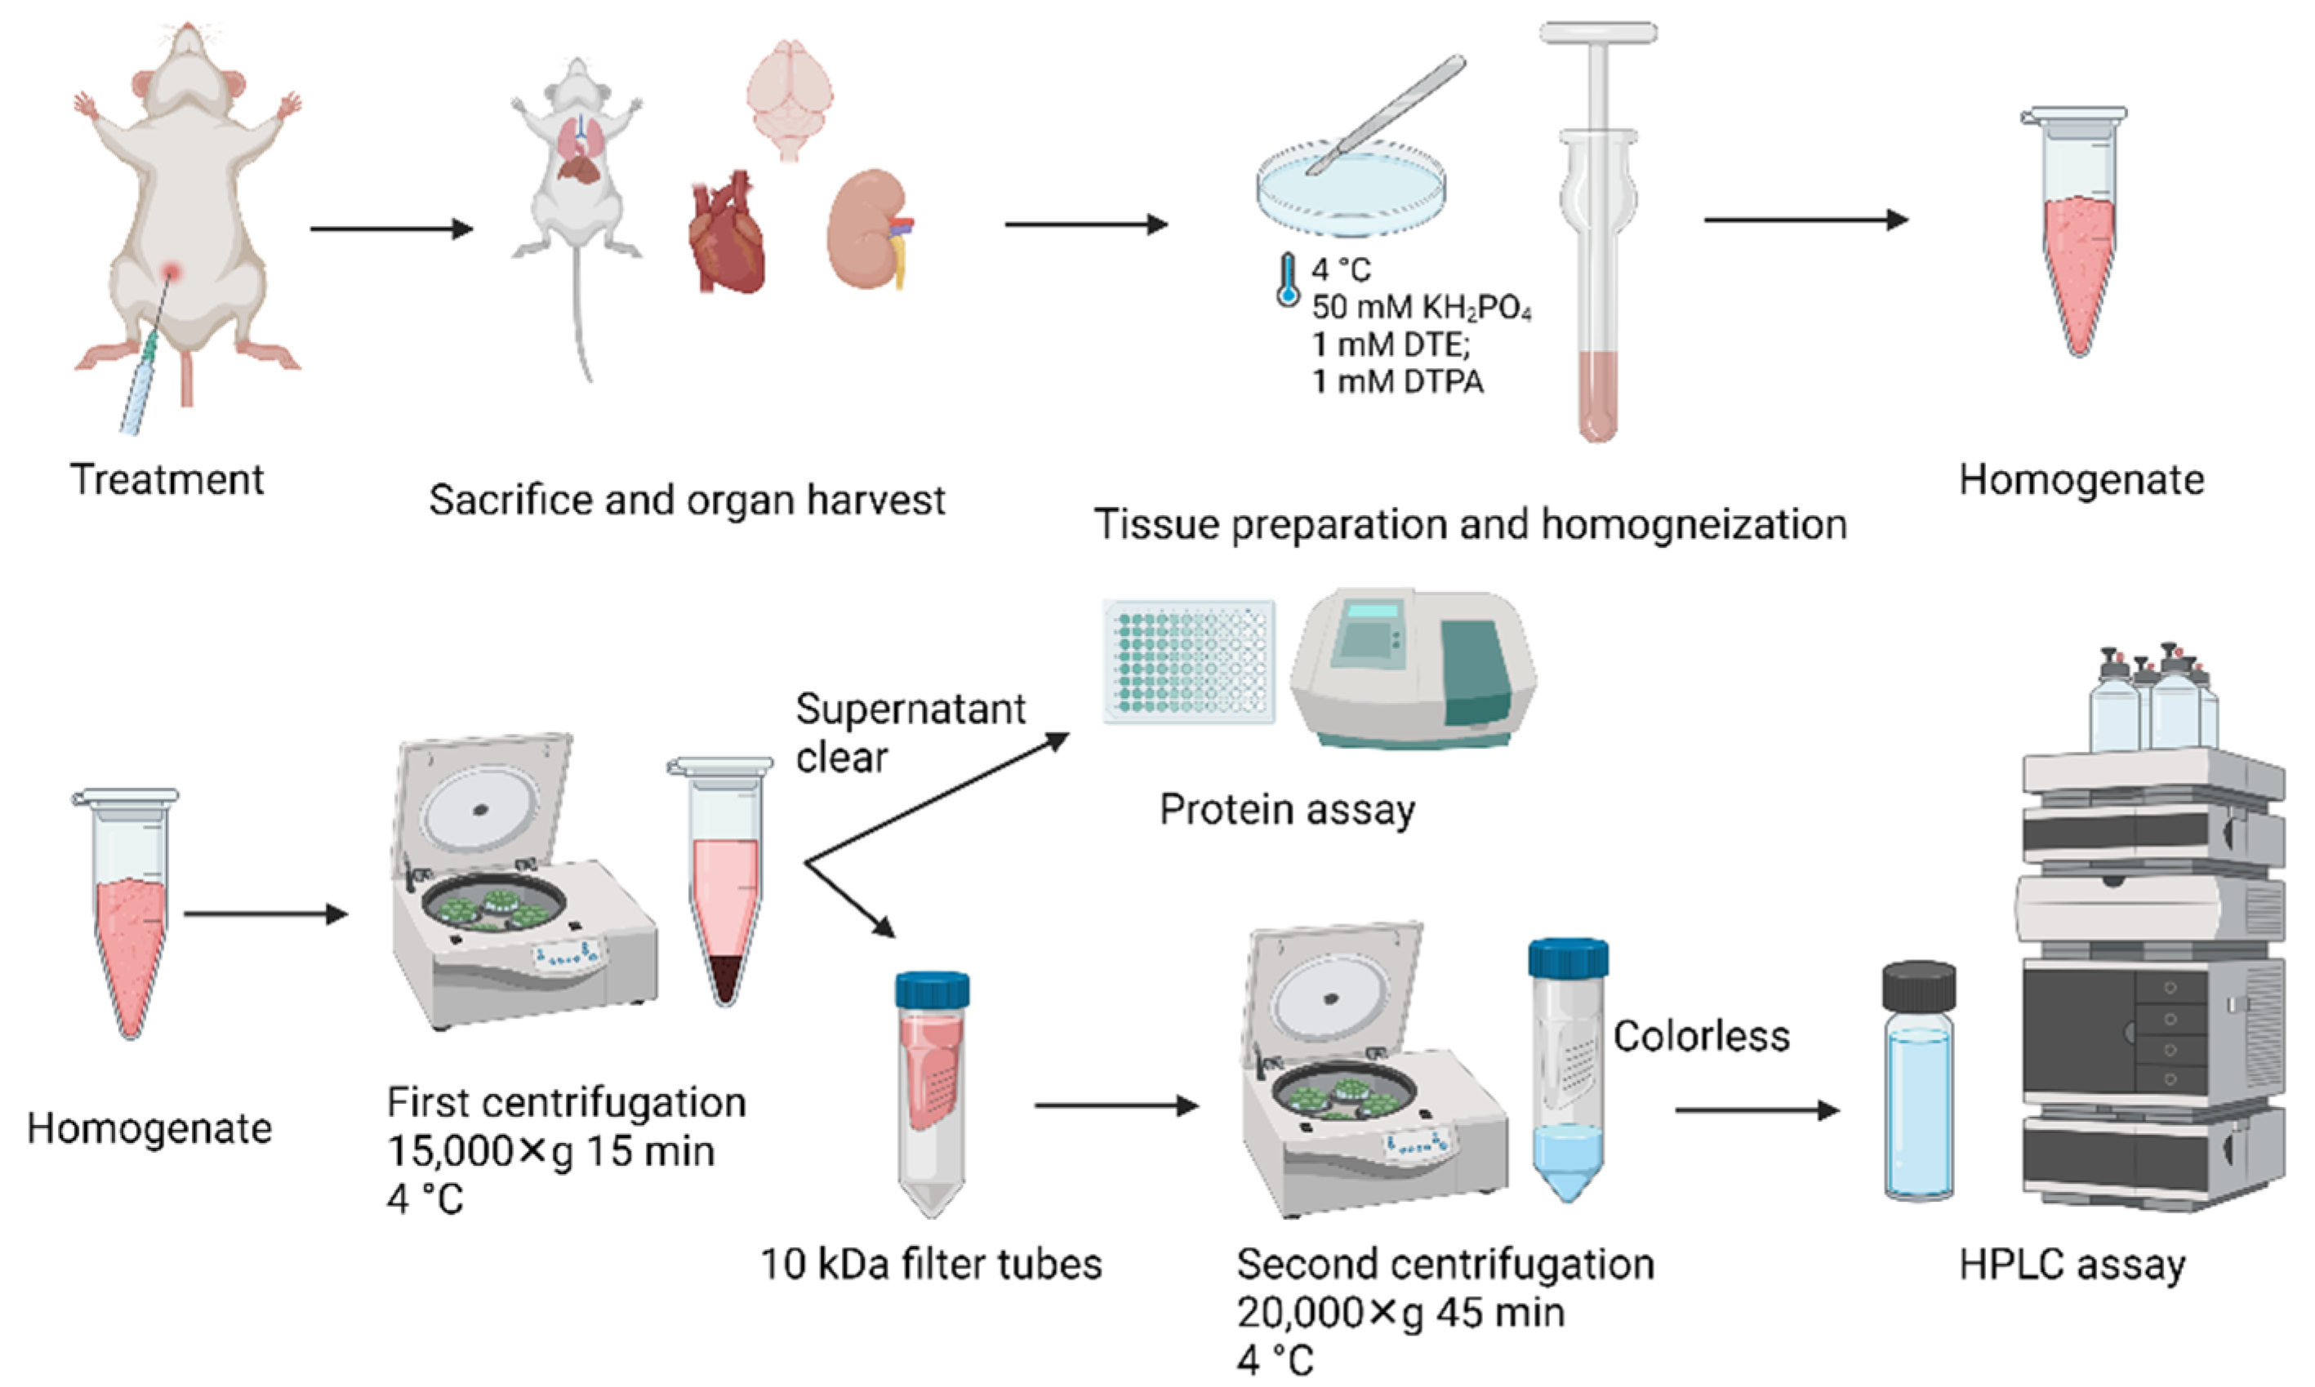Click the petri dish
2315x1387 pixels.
1351,192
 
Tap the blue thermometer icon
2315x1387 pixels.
1288,278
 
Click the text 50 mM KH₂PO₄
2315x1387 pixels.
1421,308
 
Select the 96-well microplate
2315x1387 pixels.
1188,660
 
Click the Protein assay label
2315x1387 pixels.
1287,809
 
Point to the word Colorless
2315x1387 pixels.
1701,1037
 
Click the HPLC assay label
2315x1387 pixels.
2072,1265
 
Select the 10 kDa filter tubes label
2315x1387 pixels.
931,1265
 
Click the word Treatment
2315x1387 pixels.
167,479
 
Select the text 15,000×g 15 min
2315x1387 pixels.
551,1151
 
